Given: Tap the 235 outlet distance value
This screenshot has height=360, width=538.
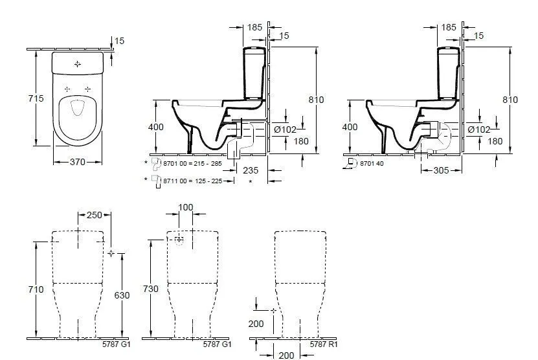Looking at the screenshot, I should point(251,170).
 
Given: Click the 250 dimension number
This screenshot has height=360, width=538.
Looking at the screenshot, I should point(94,215).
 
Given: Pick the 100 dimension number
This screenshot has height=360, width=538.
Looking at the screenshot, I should point(186,207).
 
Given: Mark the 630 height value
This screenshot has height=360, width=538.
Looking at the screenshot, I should point(122,295).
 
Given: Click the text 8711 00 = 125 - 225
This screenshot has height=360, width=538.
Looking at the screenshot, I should point(191,181).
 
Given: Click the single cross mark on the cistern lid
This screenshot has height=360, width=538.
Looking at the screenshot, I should point(78,64).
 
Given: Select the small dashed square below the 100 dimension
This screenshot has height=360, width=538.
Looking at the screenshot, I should point(179,240).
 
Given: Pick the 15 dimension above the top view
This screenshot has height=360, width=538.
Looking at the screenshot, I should point(119,41).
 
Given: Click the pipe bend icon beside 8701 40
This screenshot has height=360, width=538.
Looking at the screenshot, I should point(353,163).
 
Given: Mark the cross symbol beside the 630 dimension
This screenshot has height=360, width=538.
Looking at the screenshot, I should point(111,253).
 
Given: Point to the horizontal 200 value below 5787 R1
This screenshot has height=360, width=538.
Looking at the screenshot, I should point(286,355).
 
